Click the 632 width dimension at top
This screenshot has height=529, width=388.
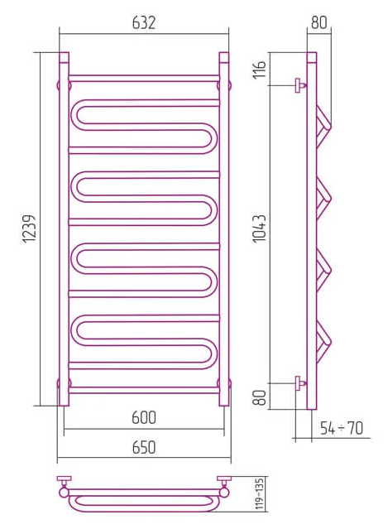tap(144, 23)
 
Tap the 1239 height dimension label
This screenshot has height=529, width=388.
tap(29, 228)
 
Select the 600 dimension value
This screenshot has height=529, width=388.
tap(144, 418)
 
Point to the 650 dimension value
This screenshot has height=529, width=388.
tap(144, 447)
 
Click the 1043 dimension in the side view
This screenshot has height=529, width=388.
tap(260, 228)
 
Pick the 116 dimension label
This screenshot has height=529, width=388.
tap(260, 70)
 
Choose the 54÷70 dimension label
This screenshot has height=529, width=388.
tap(342, 428)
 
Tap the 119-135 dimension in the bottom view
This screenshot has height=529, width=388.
tap(259, 493)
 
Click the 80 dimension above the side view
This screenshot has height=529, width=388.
tap(319, 22)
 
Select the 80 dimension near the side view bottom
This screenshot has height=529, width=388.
tap(260, 397)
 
